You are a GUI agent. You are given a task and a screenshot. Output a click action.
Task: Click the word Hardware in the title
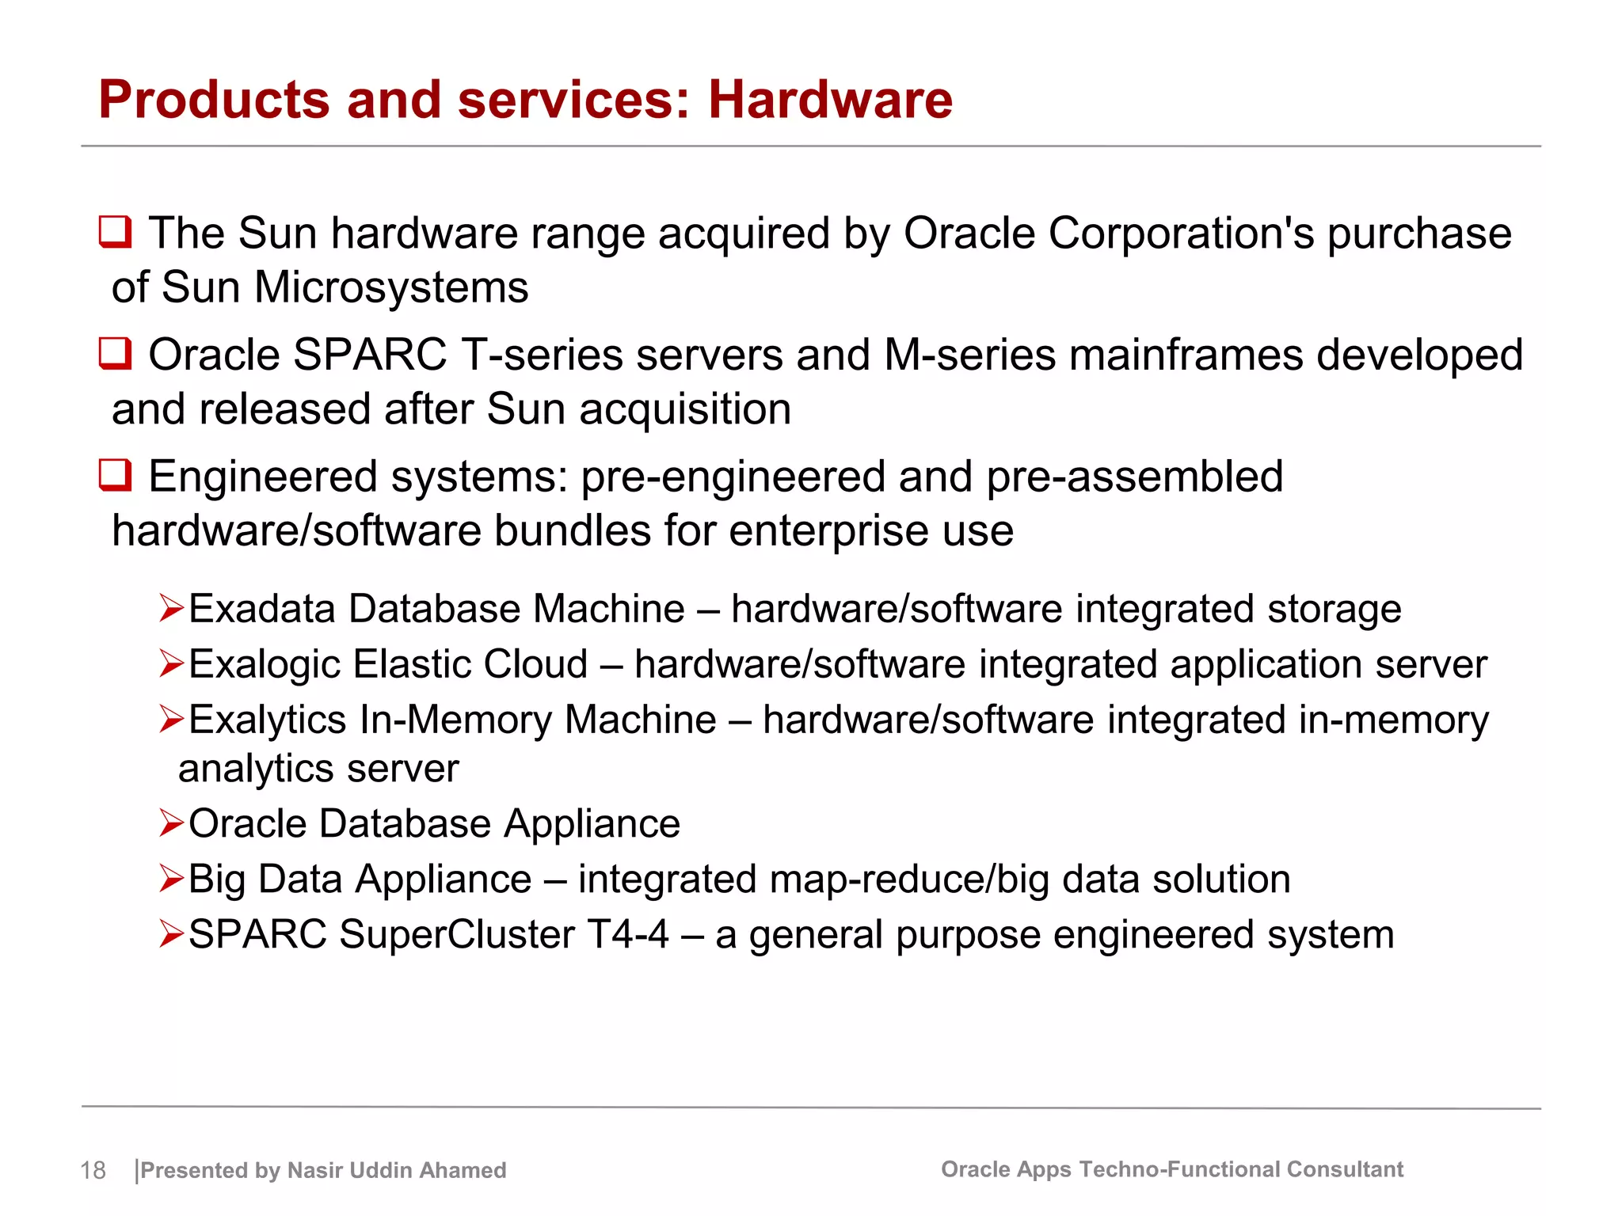click(829, 101)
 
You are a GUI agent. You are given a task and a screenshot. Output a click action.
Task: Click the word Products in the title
click(213, 101)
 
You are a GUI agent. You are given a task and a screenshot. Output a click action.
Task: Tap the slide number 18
click(93, 1170)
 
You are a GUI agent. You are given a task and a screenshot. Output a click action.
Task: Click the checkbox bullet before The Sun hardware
click(116, 232)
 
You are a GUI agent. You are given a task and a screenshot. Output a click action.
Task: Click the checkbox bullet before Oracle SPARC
click(116, 353)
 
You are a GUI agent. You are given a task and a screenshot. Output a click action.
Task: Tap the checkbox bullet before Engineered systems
click(116, 475)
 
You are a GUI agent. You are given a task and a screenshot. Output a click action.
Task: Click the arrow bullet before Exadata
click(171, 609)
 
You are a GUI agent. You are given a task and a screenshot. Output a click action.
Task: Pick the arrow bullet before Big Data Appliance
click(171, 879)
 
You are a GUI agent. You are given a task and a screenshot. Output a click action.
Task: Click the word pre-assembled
click(1134, 477)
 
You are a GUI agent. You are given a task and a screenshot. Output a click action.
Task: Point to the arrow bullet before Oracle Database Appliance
click(171, 823)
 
